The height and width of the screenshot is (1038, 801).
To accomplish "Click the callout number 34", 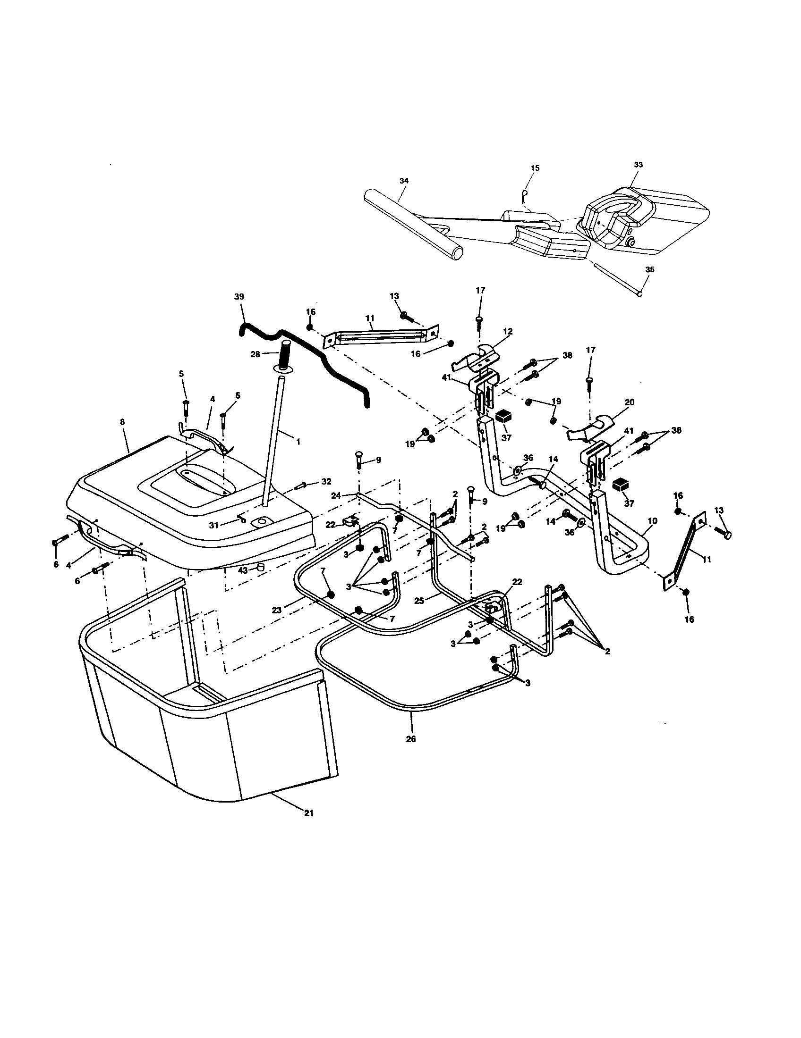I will pyautogui.click(x=404, y=181).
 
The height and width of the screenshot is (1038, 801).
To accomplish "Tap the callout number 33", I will pyautogui.click(x=639, y=165).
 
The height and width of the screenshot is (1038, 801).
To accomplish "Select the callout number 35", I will pyautogui.click(x=650, y=269).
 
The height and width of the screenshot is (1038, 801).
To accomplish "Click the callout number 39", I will pyautogui.click(x=239, y=296).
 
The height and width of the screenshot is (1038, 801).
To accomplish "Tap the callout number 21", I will pyautogui.click(x=309, y=813).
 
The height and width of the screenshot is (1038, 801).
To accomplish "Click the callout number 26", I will pyautogui.click(x=411, y=739).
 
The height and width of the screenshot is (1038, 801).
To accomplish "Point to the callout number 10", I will pyautogui.click(x=653, y=521).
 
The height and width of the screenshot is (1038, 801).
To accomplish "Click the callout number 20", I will pyautogui.click(x=629, y=402).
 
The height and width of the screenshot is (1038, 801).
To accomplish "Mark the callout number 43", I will pyautogui.click(x=243, y=570).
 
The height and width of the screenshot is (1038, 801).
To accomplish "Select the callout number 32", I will pyautogui.click(x=326, y=481).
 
